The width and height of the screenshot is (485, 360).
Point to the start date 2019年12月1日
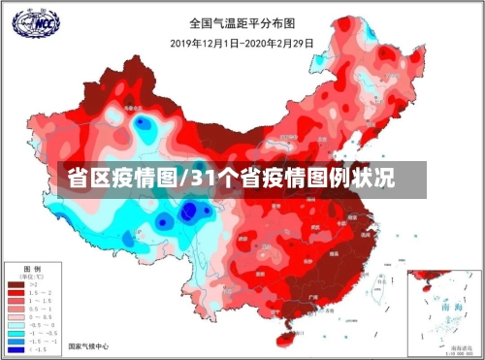pyautogui.click(x=203, y=43)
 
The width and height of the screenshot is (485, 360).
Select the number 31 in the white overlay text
pyautogui.click(x=206, y=180)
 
